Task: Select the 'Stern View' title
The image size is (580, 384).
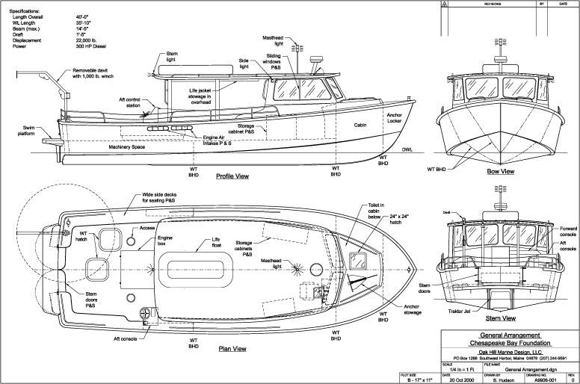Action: pos(500,317)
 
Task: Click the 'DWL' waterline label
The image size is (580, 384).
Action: pos(407,150)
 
